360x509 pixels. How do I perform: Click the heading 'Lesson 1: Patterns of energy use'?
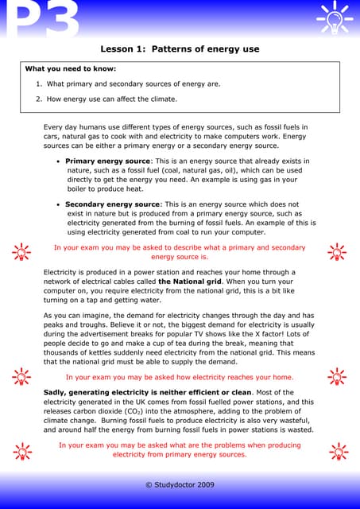tap(180, 49)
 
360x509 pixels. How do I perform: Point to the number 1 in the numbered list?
tap(39, 84)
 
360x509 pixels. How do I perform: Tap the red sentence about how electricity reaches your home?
tap(180, 377)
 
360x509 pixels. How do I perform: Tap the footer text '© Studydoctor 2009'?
tap(180, 484)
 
